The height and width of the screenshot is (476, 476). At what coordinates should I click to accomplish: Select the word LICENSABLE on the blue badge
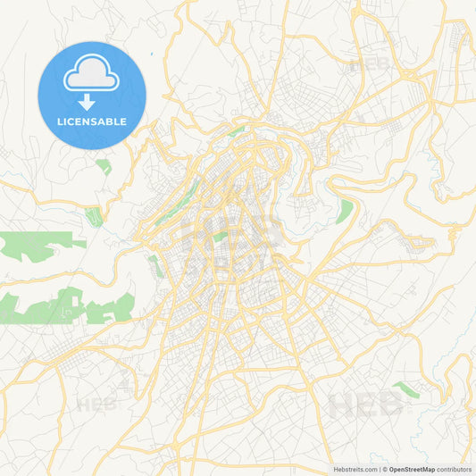[x=92, y=121]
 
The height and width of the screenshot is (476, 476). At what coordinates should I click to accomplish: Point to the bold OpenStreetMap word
[x=412, y=469]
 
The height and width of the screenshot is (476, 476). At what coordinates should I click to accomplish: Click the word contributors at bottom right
[x=454, y=469]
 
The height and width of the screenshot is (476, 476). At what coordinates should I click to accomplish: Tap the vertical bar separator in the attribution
[x=383, y=469]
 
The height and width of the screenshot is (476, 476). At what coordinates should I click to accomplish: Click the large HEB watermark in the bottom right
[x=366, y=405]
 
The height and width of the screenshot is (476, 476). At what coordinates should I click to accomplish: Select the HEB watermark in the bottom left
[x=96, y=404]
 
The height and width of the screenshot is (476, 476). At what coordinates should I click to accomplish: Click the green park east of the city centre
[x=345, y=211]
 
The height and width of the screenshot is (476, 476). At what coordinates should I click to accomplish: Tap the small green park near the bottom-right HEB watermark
[x=406, y=390]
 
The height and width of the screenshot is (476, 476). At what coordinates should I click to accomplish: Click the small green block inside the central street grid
[x=218, y=237]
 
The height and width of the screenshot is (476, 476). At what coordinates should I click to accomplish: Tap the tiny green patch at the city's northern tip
[x=236, y=131]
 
